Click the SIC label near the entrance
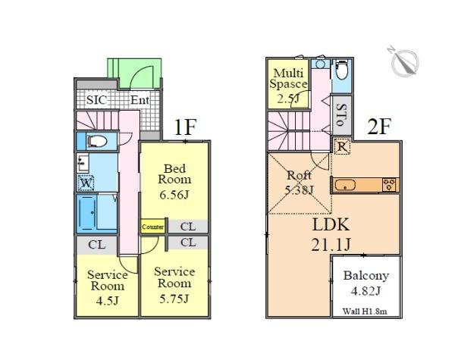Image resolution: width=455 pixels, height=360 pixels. [96, 100]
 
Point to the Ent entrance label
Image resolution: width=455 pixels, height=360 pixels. [140, 100]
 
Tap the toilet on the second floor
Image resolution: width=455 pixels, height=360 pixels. [340, 71]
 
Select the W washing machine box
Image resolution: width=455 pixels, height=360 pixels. [86, 183]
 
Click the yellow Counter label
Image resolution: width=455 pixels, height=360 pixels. [152, 226]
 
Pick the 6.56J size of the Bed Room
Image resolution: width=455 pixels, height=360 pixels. [174, 193]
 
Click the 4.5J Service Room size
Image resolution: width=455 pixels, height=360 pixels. [105, 299]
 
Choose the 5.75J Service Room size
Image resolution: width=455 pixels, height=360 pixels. [174, 296]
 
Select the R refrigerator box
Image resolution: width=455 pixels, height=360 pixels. [341, 147]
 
